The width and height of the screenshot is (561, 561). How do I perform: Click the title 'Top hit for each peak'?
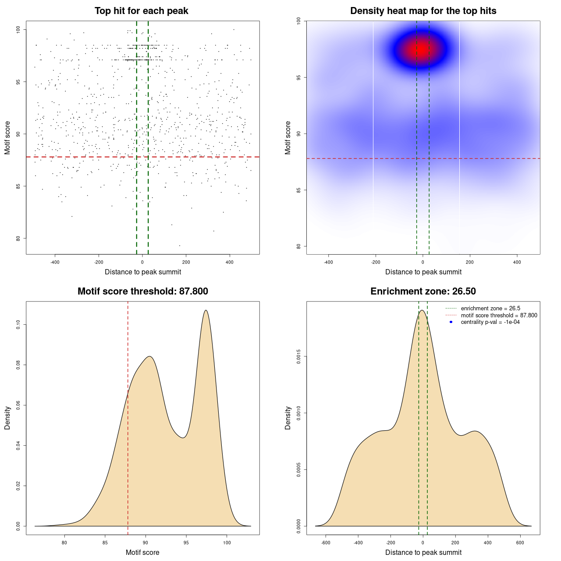[x=141, y=11]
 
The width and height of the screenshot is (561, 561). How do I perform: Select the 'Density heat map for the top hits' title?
[x=423, y=11]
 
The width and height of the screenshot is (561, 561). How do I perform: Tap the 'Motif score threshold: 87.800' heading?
[x=142, y=291]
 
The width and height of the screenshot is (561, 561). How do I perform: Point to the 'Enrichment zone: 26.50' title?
[x=423, y=291]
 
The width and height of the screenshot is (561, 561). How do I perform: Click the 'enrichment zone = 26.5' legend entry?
[x=490, y=309]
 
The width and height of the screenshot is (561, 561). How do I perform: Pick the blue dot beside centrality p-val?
[x=451, y=322]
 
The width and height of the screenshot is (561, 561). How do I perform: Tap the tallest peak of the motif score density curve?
[x=206, y=310]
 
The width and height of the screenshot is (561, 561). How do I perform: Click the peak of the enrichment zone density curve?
[x=422, y=310]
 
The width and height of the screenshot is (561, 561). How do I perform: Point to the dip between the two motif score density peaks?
[x=184, y=437]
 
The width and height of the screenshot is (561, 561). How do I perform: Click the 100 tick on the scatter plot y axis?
[x=18, y=29]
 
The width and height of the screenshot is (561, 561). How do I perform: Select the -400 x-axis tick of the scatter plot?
[x=55, y=262]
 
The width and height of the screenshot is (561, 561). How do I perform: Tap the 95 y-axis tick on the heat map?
[x=298, y=78]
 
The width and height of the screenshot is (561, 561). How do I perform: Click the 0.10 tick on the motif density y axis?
[x=18, y=324]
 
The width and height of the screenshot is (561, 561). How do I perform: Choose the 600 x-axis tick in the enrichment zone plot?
[x=520, y=543]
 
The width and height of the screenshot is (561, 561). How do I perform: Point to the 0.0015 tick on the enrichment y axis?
[x=298, y=357]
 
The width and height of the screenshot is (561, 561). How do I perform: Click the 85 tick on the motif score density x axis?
[x=105, y=543]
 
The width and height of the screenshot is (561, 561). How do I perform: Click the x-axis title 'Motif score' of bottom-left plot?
[x=142, y=552]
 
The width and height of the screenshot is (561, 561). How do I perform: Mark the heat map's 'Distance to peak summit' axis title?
[x=423, y=272]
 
